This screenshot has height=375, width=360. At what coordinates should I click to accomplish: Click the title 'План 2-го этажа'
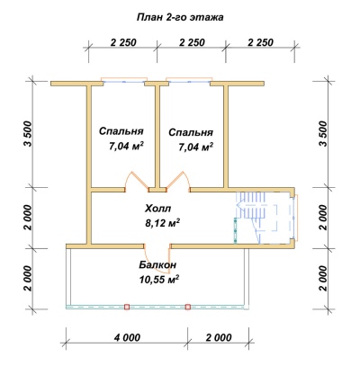(x=180, y=18)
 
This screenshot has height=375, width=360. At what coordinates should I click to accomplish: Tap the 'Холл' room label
(x=158, y=208)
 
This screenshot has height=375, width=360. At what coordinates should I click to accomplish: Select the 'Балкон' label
(x=157, y=265)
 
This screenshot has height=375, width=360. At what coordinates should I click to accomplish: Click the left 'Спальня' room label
(x=121, y=131)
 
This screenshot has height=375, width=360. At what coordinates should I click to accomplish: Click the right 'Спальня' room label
(x=191, y=132)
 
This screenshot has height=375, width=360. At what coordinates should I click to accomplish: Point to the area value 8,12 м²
(x=162, y=223)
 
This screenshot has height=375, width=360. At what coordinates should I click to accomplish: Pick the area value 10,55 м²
(x=159, y=280)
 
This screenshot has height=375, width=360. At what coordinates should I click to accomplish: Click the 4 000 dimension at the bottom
(x=127, y=337)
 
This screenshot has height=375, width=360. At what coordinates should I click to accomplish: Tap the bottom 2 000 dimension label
(x=219, y=337)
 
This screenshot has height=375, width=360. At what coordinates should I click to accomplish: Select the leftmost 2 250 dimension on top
(x=123, y=42)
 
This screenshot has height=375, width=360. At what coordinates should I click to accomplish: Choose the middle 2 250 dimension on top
(x=192, y=42)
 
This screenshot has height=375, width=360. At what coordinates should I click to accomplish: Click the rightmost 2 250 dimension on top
(x=261, y=42)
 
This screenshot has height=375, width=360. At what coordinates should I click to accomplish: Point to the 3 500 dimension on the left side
(x=28, y=134)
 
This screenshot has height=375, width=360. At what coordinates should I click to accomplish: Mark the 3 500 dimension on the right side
(x=322, y=134)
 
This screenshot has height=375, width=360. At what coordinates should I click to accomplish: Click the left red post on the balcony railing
(x=127, y=307)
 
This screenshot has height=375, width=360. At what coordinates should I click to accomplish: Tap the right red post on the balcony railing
(x=188, y=307)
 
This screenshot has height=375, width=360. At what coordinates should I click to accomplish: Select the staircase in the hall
(x=251, y=217)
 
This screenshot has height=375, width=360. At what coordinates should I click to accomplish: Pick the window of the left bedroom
(x=124, y=81)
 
